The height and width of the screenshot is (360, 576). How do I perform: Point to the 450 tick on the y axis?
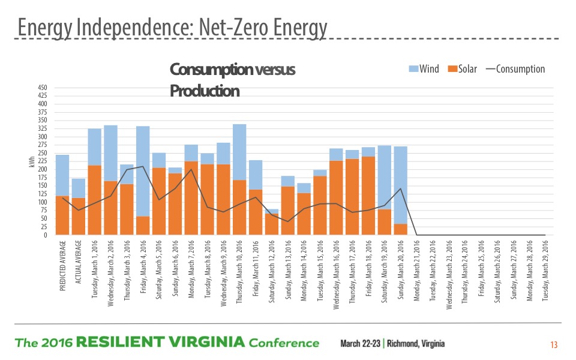point(43,88)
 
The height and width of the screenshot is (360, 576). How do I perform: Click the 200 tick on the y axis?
point(43,170)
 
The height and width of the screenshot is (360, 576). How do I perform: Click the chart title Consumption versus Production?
point(232,80)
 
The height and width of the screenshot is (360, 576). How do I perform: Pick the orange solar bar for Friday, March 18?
point(368,196)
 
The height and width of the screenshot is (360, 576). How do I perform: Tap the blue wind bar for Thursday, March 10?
point(239,152)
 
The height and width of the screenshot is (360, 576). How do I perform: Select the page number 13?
point(553,345)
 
